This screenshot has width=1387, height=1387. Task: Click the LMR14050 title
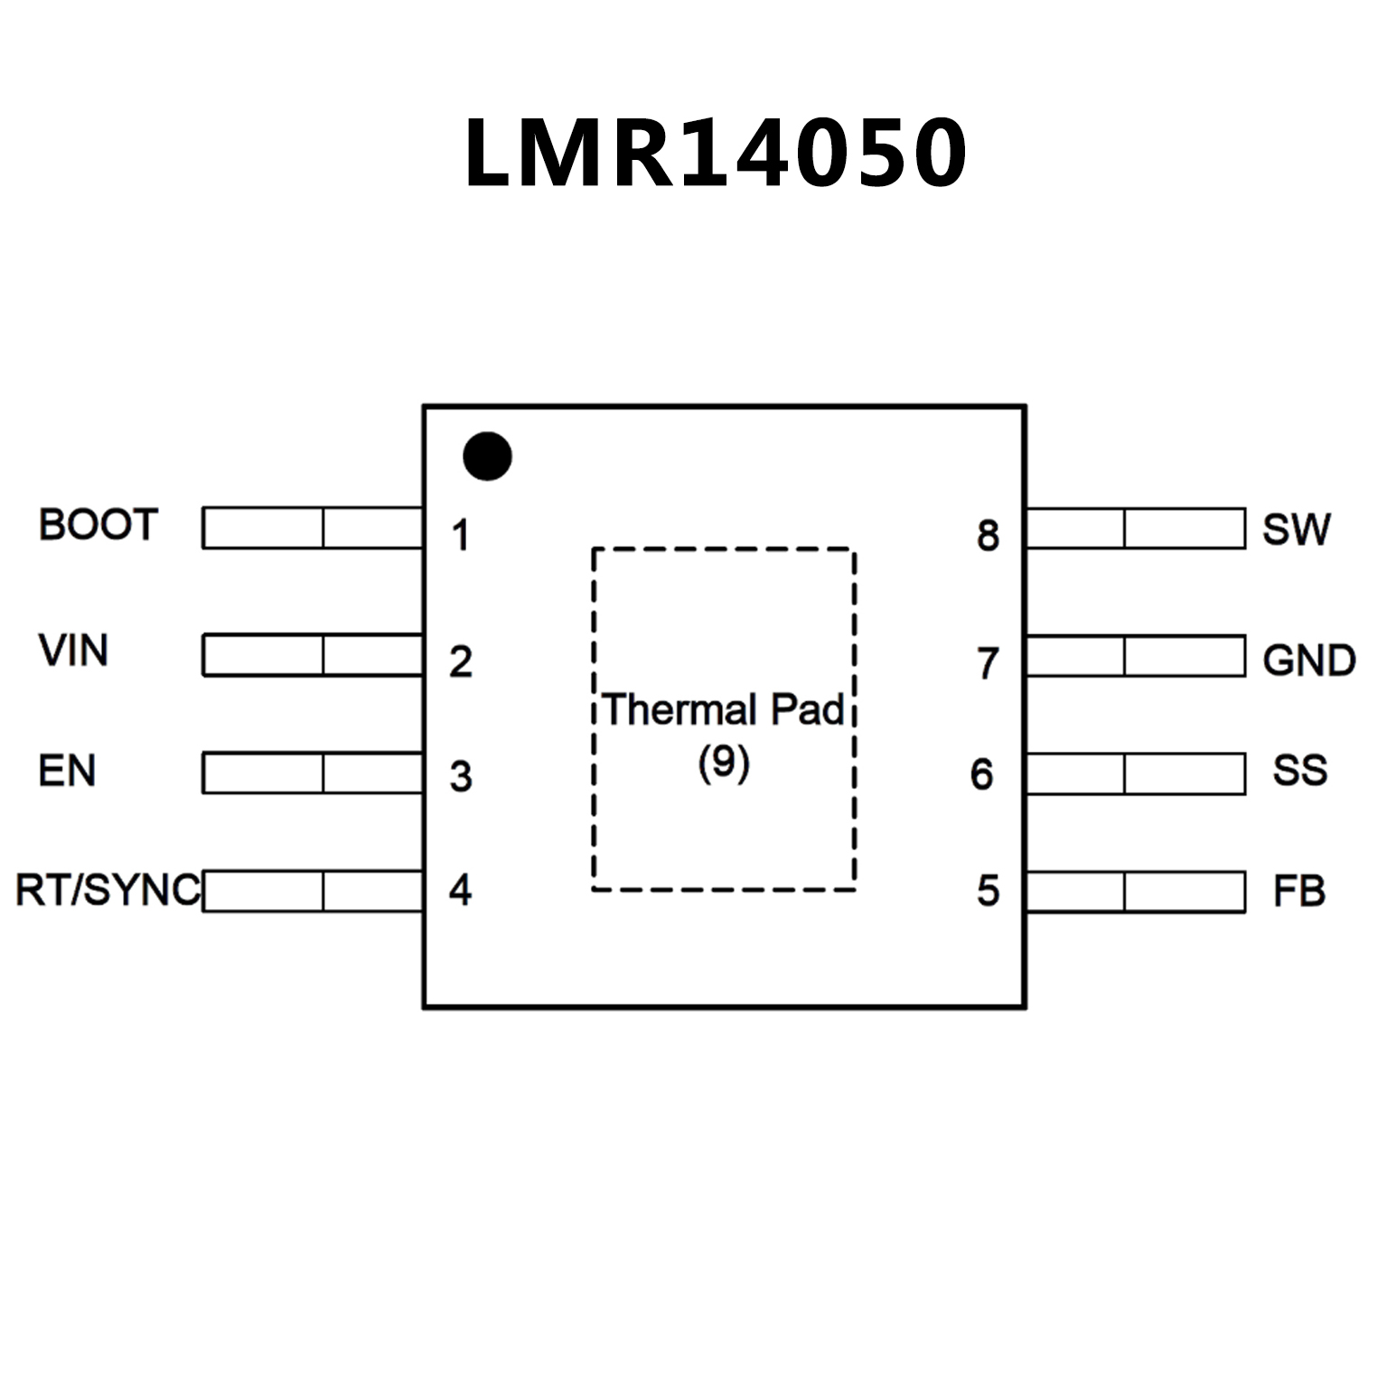(715, 153)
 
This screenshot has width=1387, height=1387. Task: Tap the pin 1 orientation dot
(487, 455)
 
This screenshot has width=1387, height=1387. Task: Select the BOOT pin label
(98, 525)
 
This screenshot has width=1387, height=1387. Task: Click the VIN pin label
(73, 651)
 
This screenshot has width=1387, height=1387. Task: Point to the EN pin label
(67, 771)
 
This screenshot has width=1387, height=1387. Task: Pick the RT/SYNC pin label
(108, 890)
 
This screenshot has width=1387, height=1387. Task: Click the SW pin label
(1296, 529)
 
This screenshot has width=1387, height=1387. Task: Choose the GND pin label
(1308, 661)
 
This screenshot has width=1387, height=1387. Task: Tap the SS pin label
(1299, 771)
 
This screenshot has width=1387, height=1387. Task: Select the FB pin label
(1298, 892)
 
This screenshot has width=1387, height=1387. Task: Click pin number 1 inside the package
(461, 535)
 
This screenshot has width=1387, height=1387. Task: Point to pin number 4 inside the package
(461, 890)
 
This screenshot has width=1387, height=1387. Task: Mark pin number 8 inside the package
(988, 535)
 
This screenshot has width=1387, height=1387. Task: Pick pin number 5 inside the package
(988, 891)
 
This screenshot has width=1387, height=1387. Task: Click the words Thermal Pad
(724, 710)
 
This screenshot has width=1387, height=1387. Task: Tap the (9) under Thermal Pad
(724, 763)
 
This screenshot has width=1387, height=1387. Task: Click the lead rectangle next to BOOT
(313, 528)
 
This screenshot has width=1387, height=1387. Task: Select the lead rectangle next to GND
(1136, 656)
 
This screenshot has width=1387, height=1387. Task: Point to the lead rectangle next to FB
(1136, 892)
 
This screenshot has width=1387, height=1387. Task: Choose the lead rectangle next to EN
(313, 773)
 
